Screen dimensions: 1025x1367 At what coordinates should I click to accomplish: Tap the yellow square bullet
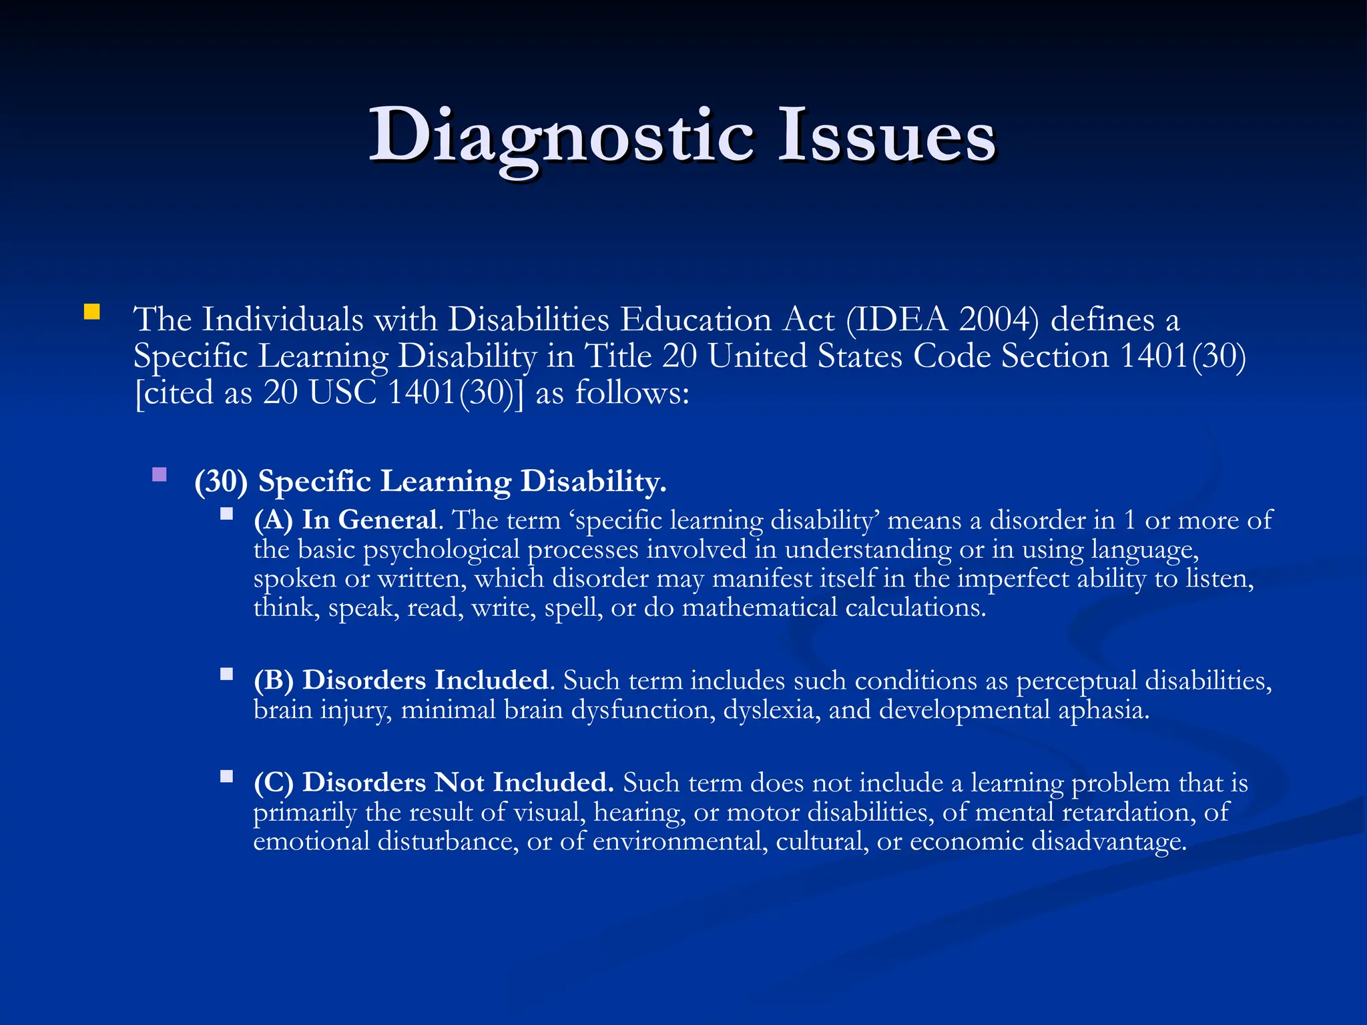click(x=91, y=312)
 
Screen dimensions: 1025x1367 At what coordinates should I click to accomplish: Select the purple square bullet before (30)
click(x=160, y=474)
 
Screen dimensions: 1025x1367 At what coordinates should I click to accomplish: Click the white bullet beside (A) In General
click(x=227, y=514)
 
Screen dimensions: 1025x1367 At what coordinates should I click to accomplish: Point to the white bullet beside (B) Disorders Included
click(x=227, y=674)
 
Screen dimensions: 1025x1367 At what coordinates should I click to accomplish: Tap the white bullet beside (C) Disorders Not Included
click(x=227, y=776)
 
